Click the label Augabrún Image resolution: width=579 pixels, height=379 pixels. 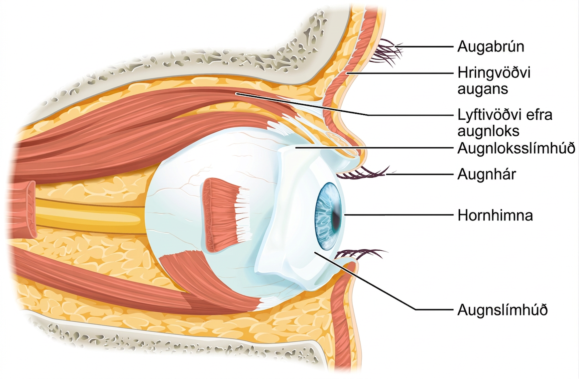(x=491, y=47)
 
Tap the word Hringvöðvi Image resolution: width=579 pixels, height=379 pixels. (x=494, y=73)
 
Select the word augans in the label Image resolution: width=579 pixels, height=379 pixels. (x=483, y=89)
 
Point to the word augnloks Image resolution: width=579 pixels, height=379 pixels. (x=488, y=131)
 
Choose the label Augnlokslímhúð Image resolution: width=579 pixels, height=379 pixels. (x=516, y=148)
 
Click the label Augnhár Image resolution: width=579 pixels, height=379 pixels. (x=487, y=174)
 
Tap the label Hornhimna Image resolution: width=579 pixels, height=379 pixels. (x=495, y=215)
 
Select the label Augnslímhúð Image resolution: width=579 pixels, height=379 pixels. (x=502, y=310)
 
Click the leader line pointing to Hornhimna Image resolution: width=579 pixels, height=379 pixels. (x=399, y=215)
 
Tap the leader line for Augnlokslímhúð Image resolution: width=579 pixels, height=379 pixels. (x=374, y=147)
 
